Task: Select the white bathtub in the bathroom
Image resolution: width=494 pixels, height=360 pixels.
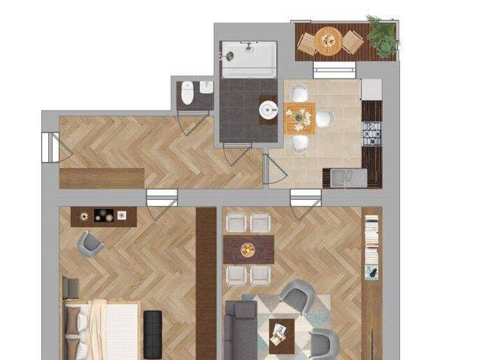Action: pos(249,59)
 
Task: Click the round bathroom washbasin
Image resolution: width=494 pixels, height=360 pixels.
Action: pos(268,111)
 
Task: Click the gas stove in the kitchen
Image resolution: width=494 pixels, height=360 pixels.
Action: pos(372,133)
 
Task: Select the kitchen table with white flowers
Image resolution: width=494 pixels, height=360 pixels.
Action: pos(300,118)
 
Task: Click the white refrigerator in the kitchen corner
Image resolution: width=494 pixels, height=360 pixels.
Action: pos(371,89)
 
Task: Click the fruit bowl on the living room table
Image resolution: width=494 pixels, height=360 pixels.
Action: pos(248,249)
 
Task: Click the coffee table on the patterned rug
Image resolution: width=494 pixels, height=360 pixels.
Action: pos(280,333)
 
